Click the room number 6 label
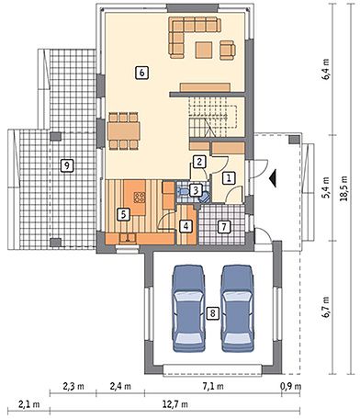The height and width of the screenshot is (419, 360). click(141, 74)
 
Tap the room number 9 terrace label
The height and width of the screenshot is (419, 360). click(67, 165)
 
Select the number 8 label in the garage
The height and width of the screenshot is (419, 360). click(213, 313)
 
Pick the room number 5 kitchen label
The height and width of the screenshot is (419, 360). click(123, 214)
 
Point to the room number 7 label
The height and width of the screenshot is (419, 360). click(224, 227)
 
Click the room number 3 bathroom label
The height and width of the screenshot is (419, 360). click(196, 190)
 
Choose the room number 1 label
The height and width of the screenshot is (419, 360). click(228, 178)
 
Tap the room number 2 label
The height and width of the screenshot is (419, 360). click(199, 162)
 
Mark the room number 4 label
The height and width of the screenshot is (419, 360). click(186, 226)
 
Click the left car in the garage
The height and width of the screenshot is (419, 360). click(188, 309)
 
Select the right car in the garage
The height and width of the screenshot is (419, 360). click(238, 309)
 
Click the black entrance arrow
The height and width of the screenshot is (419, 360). click(273, 178)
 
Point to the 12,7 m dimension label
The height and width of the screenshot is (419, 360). click(174, 404)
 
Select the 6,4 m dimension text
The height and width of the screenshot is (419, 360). click(326, 70)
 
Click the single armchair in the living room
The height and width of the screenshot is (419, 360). click(228, 50)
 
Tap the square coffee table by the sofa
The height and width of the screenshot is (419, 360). click(204, 50)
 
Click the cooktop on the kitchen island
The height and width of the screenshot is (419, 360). click(140, 198)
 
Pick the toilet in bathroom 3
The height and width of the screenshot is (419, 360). click(183, 192)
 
